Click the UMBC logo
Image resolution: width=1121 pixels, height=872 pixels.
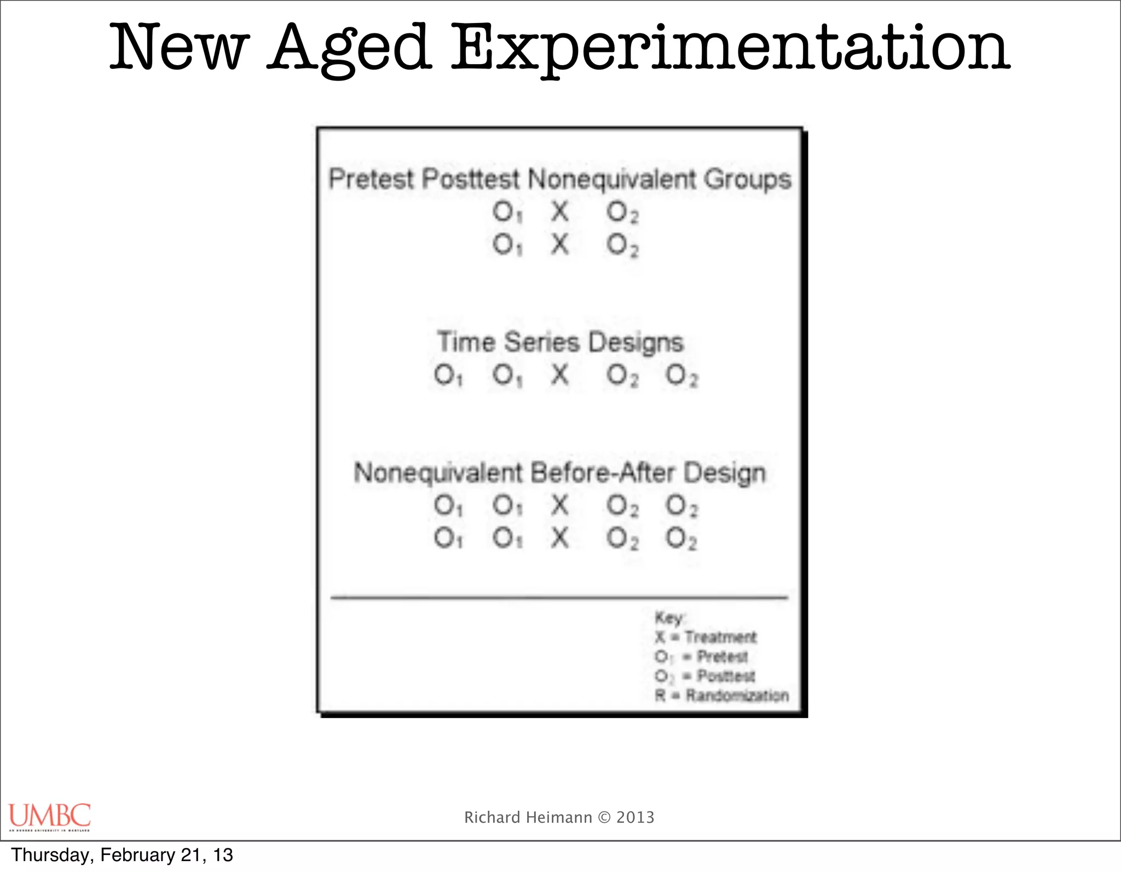(49, 816)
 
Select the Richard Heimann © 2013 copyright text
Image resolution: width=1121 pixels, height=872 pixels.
(559, 817)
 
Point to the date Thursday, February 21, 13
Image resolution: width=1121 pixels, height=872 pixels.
(122, 855)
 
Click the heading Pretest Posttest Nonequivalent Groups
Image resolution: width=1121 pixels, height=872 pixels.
(559, 180)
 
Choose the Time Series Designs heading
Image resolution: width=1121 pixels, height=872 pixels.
(560, 343)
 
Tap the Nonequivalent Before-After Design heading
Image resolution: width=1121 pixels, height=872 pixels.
(559, 473)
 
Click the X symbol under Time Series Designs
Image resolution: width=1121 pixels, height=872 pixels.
(559, 376)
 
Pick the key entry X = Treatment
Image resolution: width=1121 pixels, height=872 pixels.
(705, 637)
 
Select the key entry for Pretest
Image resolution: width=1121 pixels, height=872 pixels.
(701, 656)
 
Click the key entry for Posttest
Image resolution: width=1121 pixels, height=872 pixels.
(704, 676)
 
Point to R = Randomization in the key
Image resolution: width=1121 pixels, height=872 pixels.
(721, 696)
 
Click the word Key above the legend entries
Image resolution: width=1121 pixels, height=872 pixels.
(668, 618)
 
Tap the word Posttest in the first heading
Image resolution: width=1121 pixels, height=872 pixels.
(470, 180)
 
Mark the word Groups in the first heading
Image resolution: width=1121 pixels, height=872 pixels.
(748, 180)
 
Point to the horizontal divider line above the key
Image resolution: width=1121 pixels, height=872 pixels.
(559, 598)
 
